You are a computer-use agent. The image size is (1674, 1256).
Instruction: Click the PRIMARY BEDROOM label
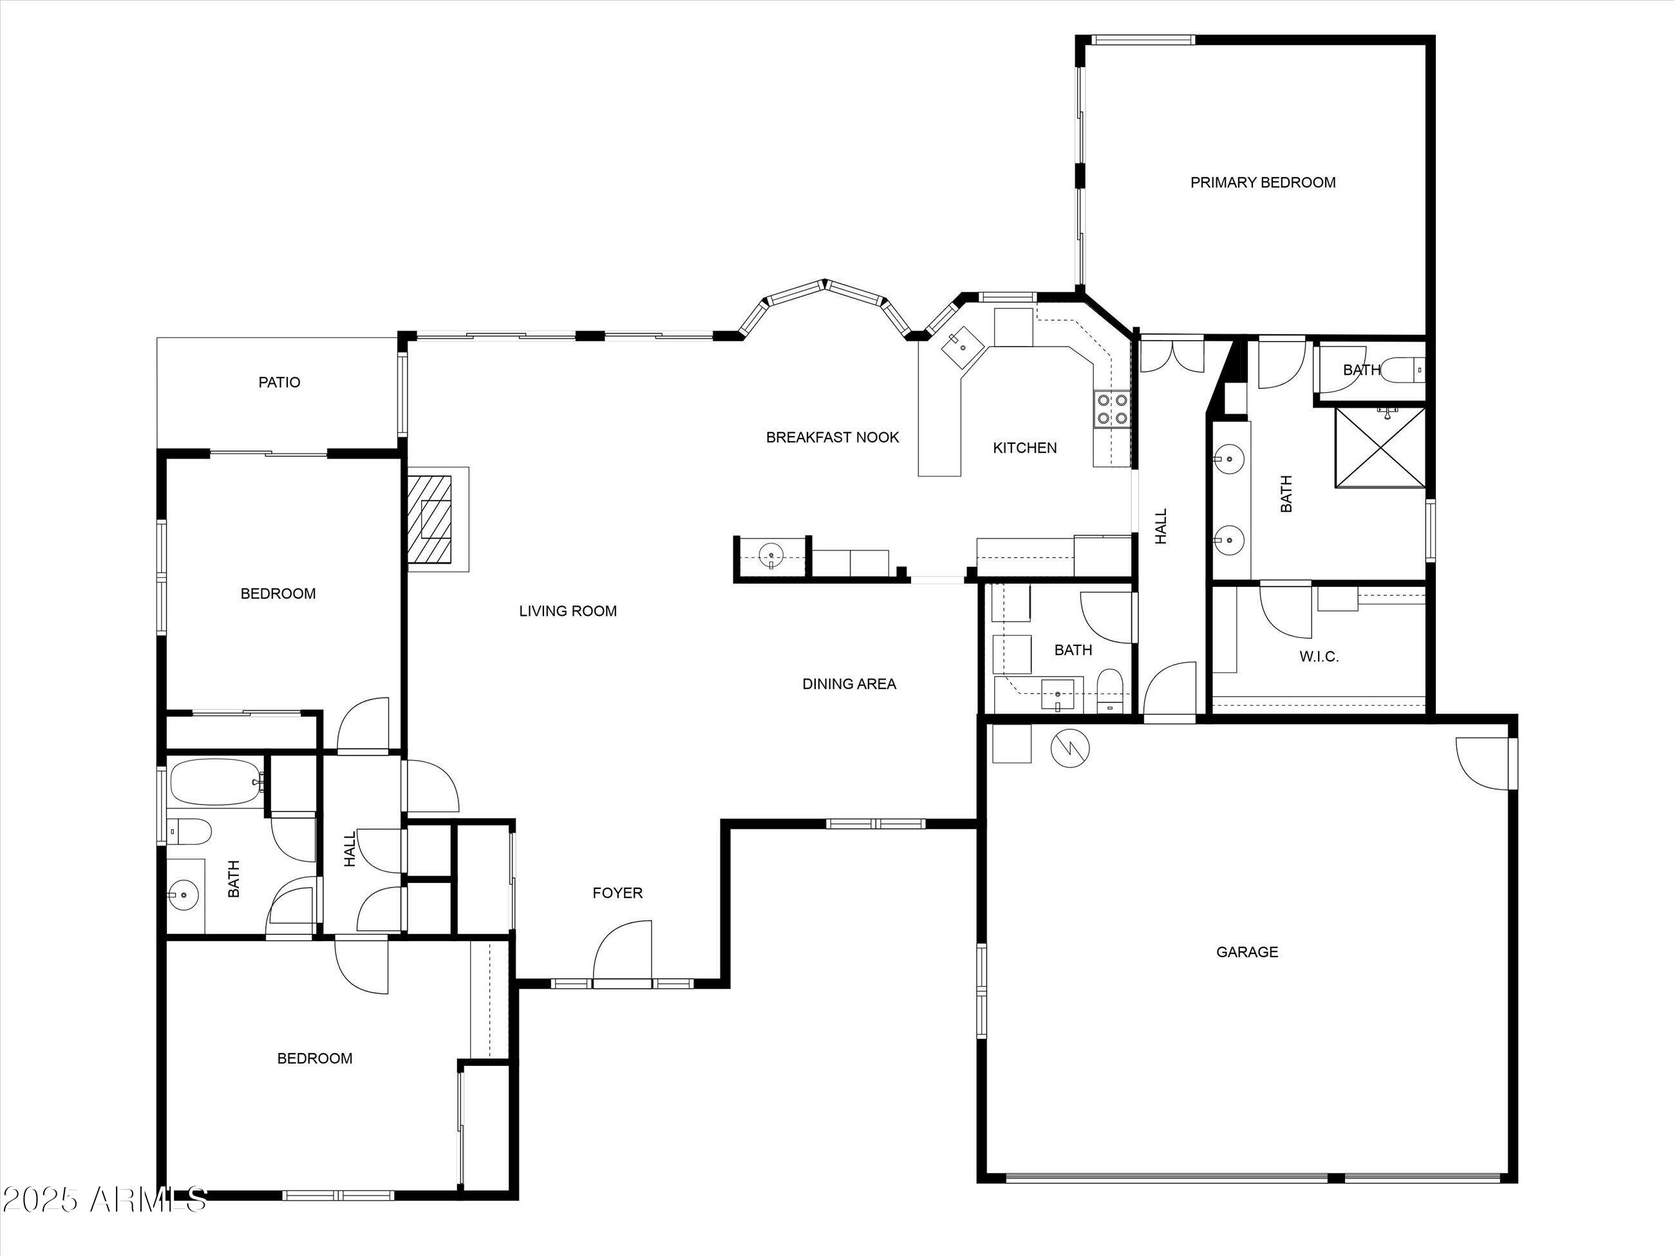pos(1263,182)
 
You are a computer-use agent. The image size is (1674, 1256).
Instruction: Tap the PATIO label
pos(279,383)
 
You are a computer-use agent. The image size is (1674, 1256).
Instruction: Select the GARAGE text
pos(1246,951)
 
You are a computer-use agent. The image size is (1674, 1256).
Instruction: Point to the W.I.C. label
pos(1319,657)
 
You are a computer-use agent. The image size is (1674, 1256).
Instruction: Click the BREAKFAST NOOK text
pos(832,437)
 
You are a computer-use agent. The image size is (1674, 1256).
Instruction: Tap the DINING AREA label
pos(849,683)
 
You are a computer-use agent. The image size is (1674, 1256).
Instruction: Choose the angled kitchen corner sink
pos(961,348)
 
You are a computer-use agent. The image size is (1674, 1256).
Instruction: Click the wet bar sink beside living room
pos(771,557)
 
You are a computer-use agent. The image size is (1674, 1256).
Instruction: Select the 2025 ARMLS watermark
pos(104,1199)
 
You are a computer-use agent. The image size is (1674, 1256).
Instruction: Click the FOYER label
pos(617,893)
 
